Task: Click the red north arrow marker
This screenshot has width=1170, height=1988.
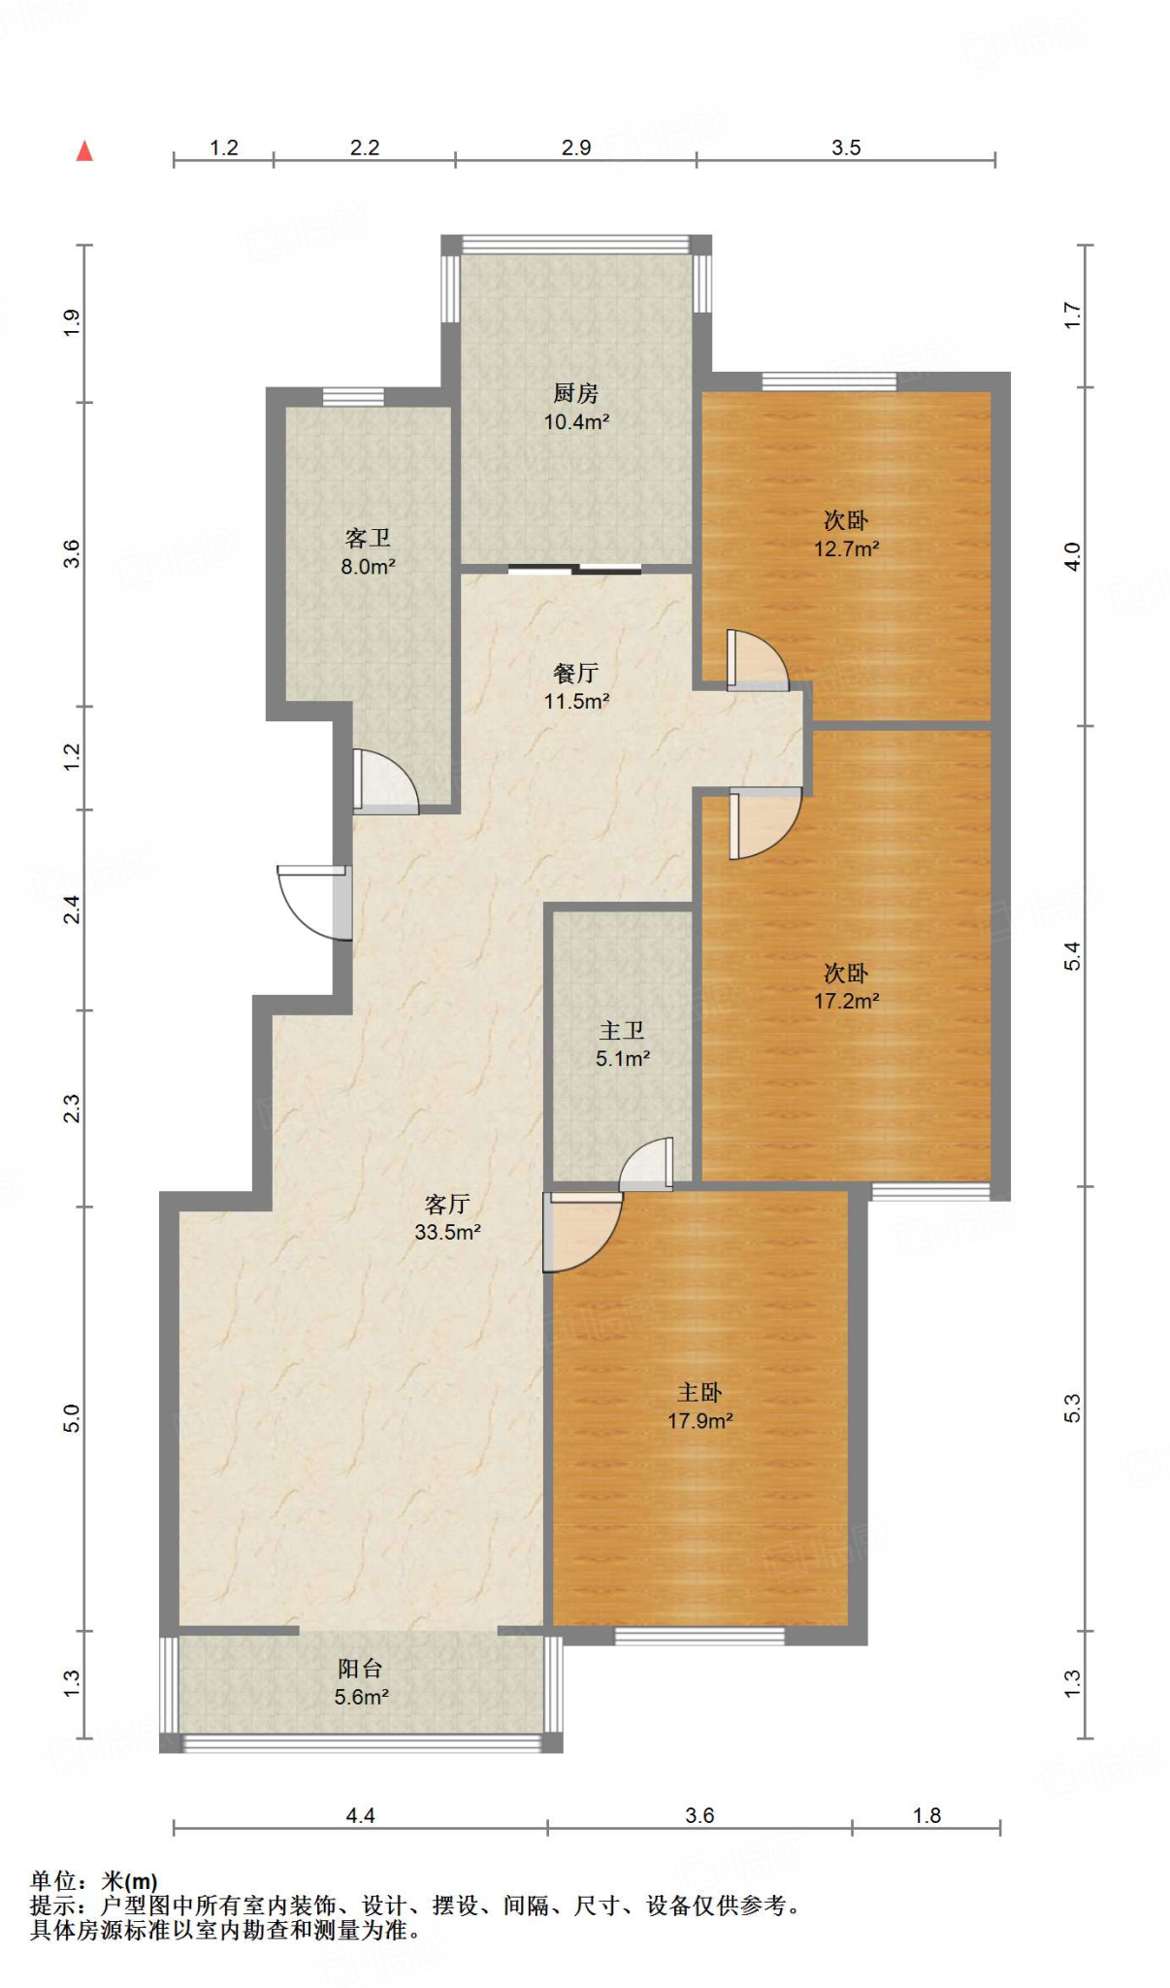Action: click(x=84, y=150)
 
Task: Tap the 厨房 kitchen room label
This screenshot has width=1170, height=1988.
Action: click(x=575, y=393)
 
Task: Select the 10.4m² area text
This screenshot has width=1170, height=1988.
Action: click(x=576, y=421)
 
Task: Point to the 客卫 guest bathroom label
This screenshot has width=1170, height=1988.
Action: click(x=368, y=538)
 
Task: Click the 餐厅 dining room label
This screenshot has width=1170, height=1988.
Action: click(x=575, y=673)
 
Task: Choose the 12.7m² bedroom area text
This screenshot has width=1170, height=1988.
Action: click(x=846, y=548)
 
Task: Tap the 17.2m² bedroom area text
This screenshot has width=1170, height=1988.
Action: click(x=846, y=1001)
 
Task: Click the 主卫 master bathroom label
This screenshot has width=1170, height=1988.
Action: click(x=622, y=1030)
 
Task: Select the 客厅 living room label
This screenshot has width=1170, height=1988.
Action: click(x=447, y=1204)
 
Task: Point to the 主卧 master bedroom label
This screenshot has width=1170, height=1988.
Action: click(x=699, y=1393)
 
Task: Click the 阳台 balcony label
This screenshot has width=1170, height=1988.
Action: click(x=360, y=1669)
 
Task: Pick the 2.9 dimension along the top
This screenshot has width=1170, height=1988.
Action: click(x=576, y=148)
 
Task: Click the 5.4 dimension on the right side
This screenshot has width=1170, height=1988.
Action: click(x=1072, y=956)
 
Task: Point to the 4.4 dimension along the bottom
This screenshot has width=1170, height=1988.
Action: click(x=360, y=1815)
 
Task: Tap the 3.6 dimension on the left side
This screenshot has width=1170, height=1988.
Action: click(x=72, y=554)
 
